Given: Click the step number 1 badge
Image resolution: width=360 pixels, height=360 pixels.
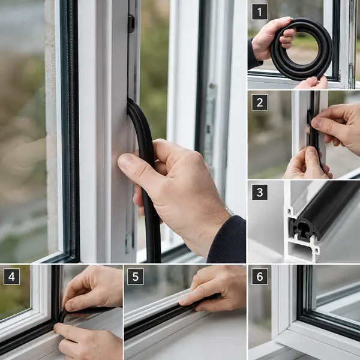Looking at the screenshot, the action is click(260, 12).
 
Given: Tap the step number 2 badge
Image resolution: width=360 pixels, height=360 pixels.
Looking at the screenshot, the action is click(260, 103).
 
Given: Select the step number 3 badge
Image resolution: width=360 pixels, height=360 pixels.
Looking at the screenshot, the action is click(260, 192).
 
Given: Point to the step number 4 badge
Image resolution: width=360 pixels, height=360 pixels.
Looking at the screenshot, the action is click(11, 277).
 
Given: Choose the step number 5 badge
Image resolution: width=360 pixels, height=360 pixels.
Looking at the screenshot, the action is click(136, 277).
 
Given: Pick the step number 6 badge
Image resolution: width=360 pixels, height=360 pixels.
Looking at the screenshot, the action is click(260, 277).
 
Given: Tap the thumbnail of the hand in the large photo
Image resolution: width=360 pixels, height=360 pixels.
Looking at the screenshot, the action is click(126, 161).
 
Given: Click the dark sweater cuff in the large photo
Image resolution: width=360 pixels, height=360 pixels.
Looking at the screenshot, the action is click(227, 240).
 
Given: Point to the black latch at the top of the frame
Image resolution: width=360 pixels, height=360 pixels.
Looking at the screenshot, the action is click(131, 23).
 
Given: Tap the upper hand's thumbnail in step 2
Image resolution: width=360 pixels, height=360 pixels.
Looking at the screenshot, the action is click(316, 122).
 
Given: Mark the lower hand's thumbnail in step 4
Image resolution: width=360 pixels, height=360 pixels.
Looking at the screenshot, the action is click(57, 326).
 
